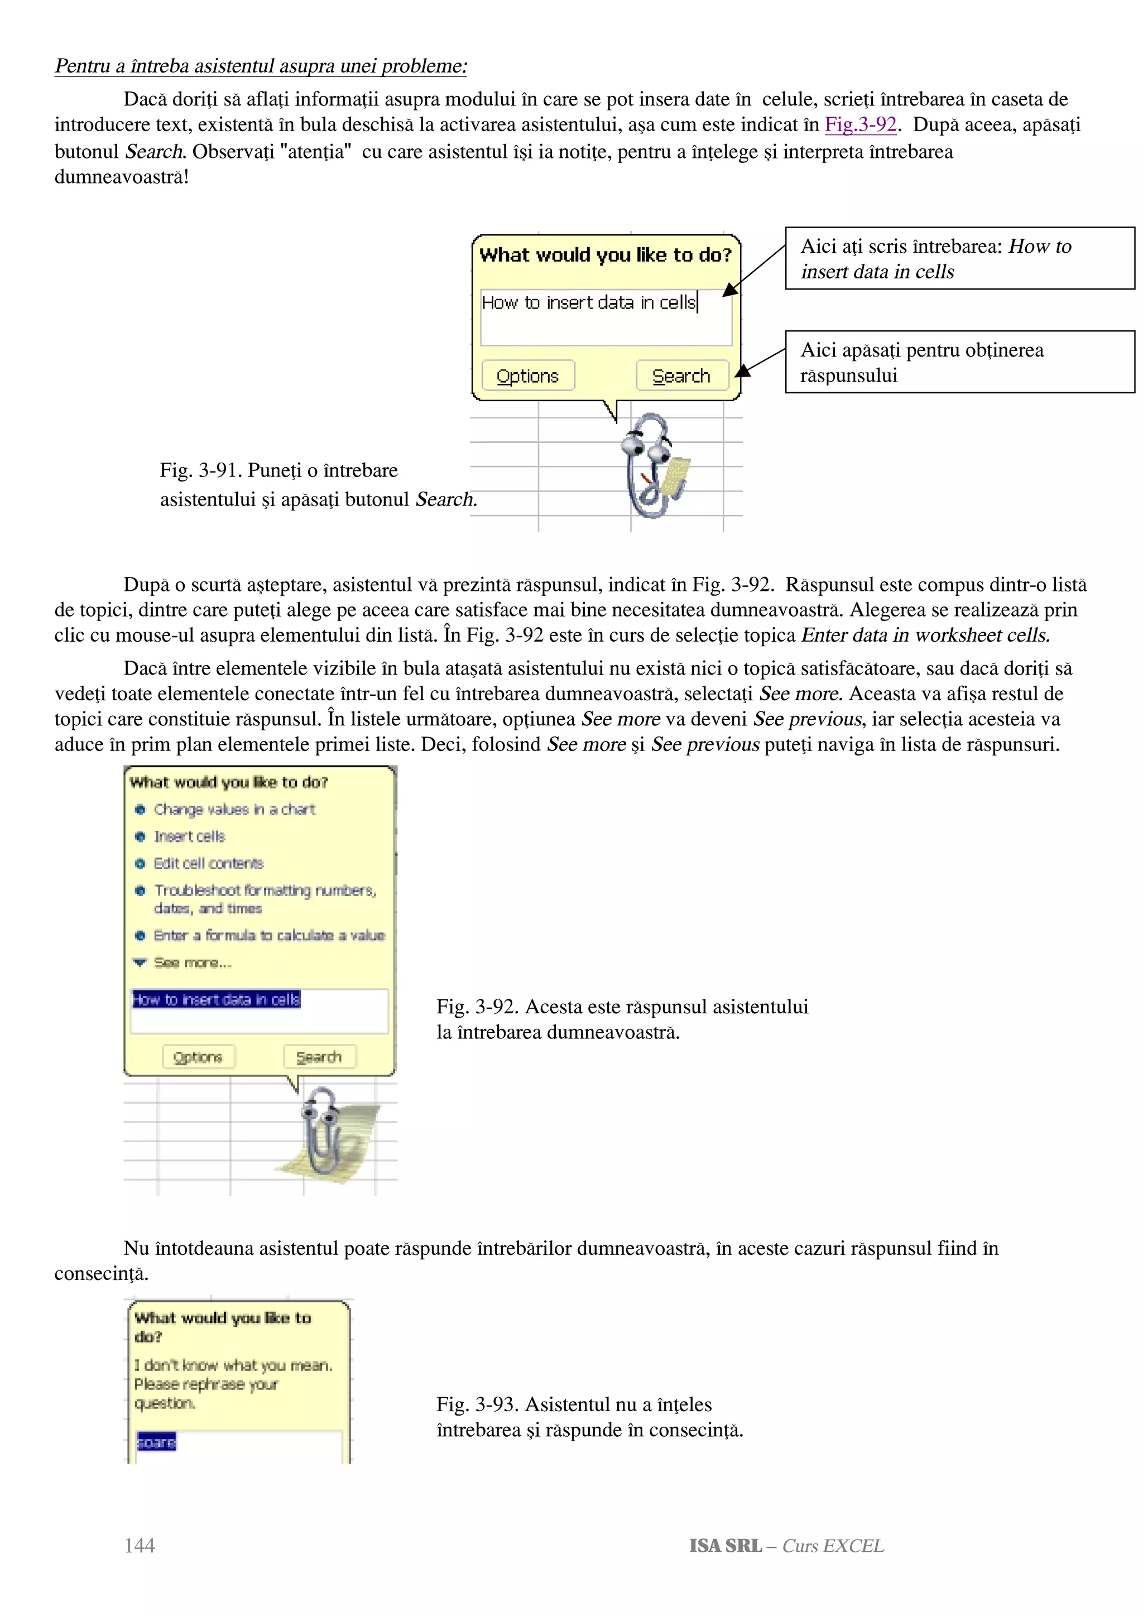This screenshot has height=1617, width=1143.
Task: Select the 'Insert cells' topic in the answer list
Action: (x=189, y=836)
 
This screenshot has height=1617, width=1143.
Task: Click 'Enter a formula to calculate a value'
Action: (x=268, y=935)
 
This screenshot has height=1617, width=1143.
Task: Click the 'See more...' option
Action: (x=191, y=962)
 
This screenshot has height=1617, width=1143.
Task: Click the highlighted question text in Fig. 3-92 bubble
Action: (x=216, y=999)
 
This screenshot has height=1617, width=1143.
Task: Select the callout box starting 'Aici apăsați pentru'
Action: (x=959, y=362)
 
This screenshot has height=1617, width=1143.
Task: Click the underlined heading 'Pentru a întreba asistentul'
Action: (x=261, y=66)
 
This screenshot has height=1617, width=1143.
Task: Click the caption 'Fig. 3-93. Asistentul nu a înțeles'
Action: (x=574, y=1404)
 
